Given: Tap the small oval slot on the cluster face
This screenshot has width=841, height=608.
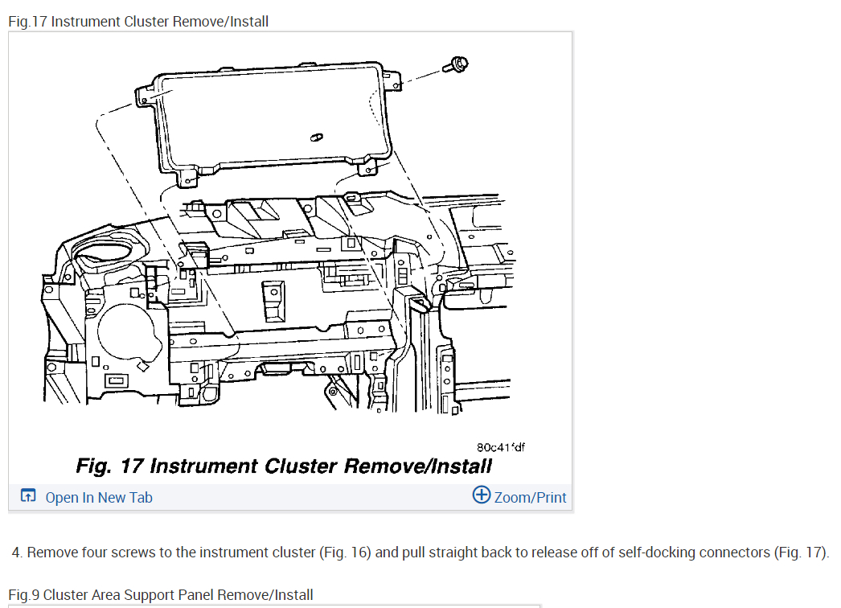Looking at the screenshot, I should coord(317,137).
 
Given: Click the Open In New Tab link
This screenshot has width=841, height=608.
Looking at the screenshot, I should coord(98,497).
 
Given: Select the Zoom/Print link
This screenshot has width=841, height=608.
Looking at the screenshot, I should coord(530,497).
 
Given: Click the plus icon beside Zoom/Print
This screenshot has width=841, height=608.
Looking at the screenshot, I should coord(481,495).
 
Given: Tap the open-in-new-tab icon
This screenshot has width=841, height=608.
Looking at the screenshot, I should coord(28,496).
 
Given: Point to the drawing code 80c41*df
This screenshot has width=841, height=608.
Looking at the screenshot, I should coord(501,447).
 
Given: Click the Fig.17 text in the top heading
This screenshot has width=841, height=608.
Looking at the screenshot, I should coord(28,22).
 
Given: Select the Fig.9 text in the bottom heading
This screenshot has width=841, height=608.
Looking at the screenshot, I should coord(23,595).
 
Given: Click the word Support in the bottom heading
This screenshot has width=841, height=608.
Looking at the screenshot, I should coord(154,595).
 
